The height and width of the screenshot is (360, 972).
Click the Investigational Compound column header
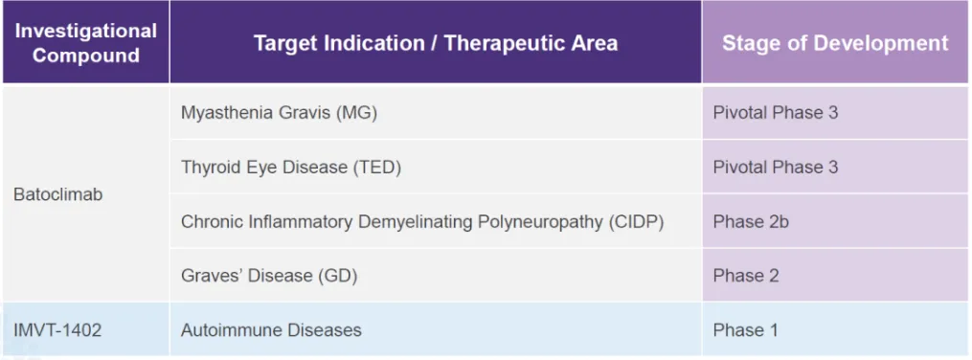[85, 42]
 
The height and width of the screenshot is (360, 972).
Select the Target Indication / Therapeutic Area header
[436, 42]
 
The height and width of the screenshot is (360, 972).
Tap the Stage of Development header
[835, 42]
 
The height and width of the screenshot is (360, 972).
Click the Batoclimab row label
[58, 194]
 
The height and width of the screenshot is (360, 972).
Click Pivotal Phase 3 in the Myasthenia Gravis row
[776, 113]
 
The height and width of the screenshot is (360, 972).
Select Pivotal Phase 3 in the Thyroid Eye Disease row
[776, 168]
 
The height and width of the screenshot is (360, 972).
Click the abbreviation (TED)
[377, 168]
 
